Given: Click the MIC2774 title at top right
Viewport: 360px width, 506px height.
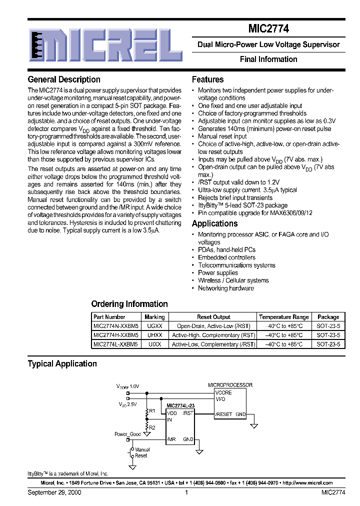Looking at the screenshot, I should point(268,29).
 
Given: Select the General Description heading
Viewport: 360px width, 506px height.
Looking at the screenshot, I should point(64,79).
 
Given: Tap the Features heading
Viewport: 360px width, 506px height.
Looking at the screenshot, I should point(207,79).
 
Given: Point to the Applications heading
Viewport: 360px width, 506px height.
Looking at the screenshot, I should point(214,223).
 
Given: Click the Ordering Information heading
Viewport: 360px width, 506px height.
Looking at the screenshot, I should point(129,304).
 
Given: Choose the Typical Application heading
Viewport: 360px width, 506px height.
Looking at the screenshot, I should point(62,364).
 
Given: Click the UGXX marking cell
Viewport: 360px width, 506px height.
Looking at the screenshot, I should point(154,326).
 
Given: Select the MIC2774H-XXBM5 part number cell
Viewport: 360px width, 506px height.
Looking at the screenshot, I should point(115,335).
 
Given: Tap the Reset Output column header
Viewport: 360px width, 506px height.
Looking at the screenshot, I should point(213,317).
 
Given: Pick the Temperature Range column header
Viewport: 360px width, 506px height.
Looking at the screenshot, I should point(283,317).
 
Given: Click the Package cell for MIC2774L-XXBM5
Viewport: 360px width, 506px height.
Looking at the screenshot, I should point(328,344).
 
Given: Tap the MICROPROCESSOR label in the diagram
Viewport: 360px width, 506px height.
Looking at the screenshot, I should point(230,385).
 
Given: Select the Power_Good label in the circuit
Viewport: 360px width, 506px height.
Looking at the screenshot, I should point(127,434).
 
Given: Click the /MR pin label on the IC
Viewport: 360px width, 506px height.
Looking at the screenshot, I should point(171,439).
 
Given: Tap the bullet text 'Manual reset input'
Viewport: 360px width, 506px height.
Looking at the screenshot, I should point(222,136).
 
